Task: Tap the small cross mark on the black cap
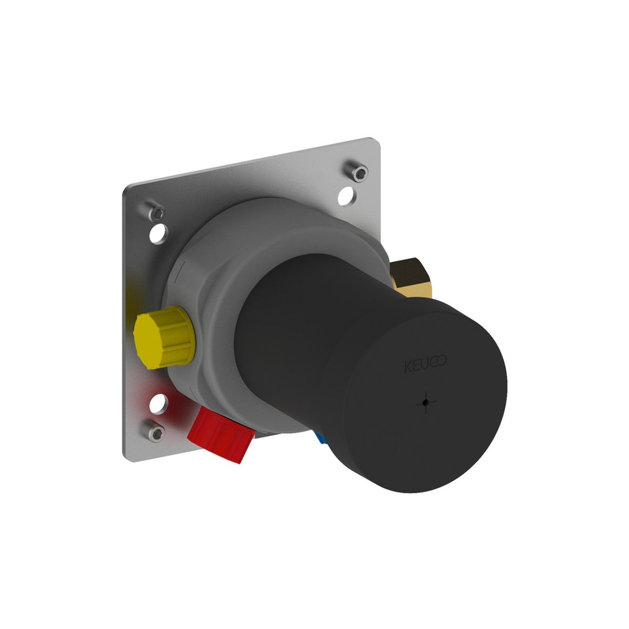click(x=426, y=404)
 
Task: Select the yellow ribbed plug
click(x=164, y=338)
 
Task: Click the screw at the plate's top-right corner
click(x=359, y=171)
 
